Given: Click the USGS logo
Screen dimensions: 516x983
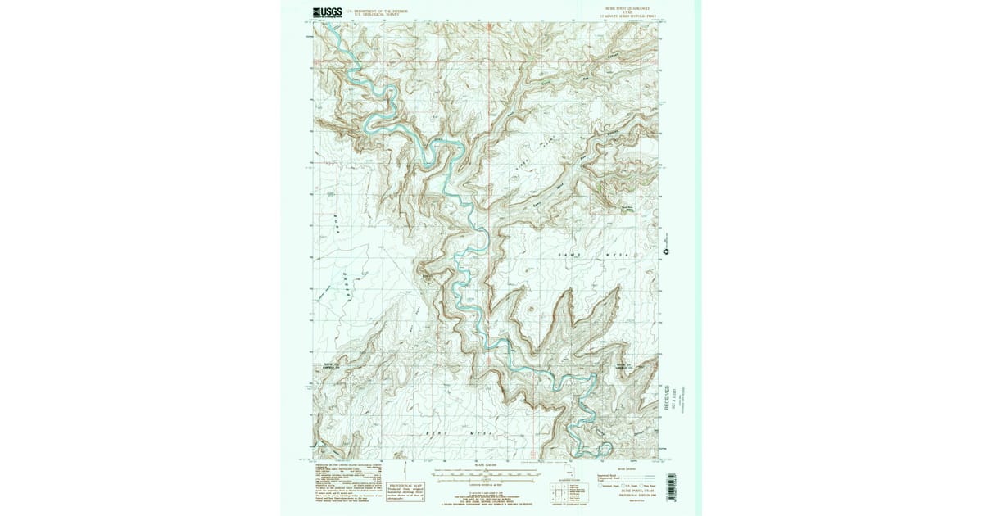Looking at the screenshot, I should [x=327, y=11].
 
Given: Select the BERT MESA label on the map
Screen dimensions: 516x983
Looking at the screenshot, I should [x=459, y=432].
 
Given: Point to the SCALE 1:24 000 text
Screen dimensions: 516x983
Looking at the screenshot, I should [x=485, y=466].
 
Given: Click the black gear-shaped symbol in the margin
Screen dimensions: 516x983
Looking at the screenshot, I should [x=667, y=251].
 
